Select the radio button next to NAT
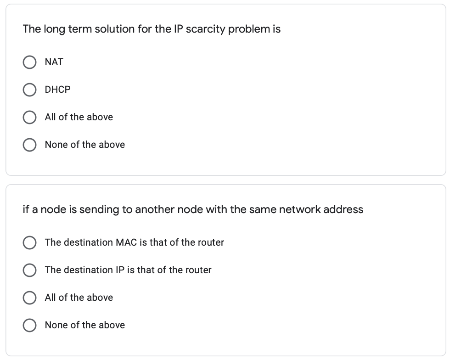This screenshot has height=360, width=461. point(30,62)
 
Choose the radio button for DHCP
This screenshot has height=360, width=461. point(30,90)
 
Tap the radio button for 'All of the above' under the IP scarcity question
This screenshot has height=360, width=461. point(30,117)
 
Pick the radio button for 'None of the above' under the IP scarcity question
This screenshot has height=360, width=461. point(30,145)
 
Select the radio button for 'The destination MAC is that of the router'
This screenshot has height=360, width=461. point(30,242)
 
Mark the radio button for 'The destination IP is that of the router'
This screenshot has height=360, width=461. point(30,270)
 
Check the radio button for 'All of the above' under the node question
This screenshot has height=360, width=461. point(30,298)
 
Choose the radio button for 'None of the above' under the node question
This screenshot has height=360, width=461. point(30,325)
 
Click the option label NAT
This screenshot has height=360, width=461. point(54,62)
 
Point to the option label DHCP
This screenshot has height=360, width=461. point(58,90)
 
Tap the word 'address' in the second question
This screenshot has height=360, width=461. point(343,210)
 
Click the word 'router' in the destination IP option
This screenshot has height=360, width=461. point(198,270)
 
